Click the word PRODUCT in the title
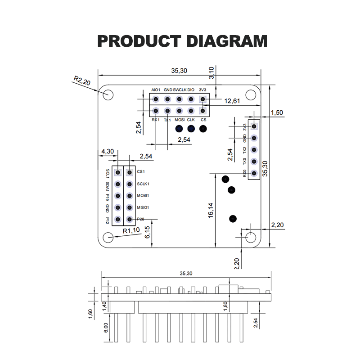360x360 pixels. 139,41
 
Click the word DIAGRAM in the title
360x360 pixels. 225,41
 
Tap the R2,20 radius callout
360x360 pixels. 82,81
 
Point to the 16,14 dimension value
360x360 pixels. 211,210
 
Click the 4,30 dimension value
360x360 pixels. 107,152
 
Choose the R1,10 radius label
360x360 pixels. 131,230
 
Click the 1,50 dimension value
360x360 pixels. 277,113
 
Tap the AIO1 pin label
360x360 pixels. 156,90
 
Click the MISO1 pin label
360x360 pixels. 144,207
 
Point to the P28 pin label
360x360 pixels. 141,219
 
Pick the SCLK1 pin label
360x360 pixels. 144,184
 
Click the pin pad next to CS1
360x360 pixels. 130,172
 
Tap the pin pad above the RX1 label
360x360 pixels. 156,111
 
